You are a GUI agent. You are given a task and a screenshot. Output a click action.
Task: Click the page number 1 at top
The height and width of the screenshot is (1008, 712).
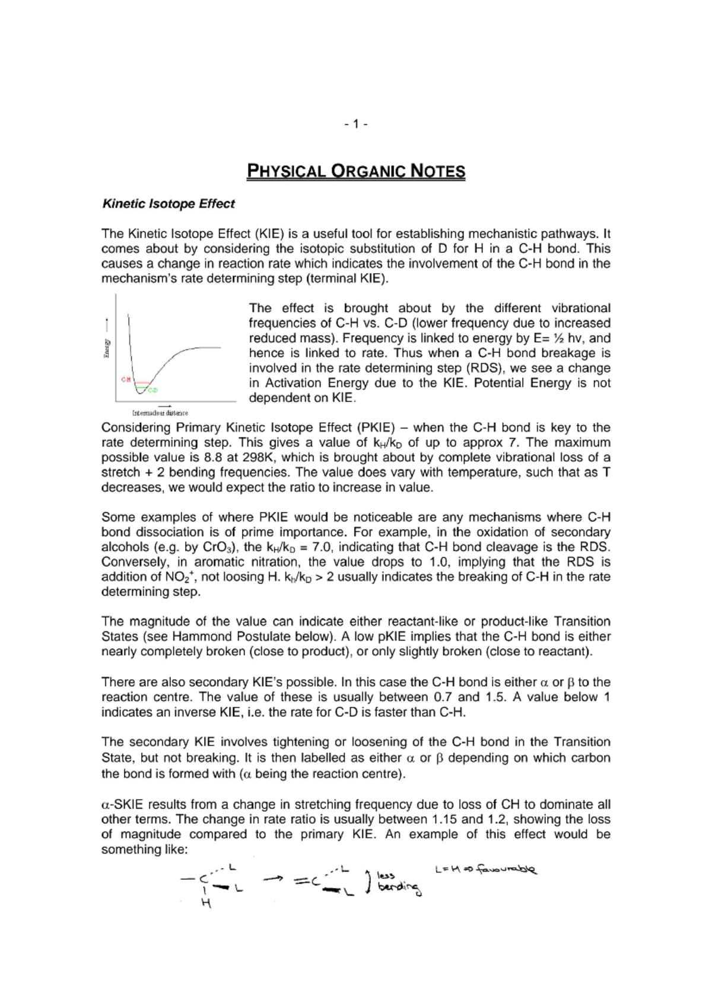coord(356,124)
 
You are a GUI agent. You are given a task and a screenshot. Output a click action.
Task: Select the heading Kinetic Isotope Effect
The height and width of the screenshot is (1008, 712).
coord(169,204)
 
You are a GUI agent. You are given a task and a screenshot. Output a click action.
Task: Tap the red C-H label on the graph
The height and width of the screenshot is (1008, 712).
coord(126,379)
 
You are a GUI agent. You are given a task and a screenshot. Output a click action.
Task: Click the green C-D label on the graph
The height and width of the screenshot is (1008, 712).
coord(153,390)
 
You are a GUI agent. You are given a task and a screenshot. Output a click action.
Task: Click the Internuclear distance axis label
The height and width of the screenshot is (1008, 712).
coord(160,413)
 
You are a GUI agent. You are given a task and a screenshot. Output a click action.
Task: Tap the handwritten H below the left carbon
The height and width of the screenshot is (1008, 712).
coord(206,904)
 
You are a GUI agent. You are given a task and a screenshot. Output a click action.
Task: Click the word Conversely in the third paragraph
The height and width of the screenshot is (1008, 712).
coord(135,562)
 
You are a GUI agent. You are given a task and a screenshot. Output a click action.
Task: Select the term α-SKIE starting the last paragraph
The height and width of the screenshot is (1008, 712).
coord(122,805)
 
